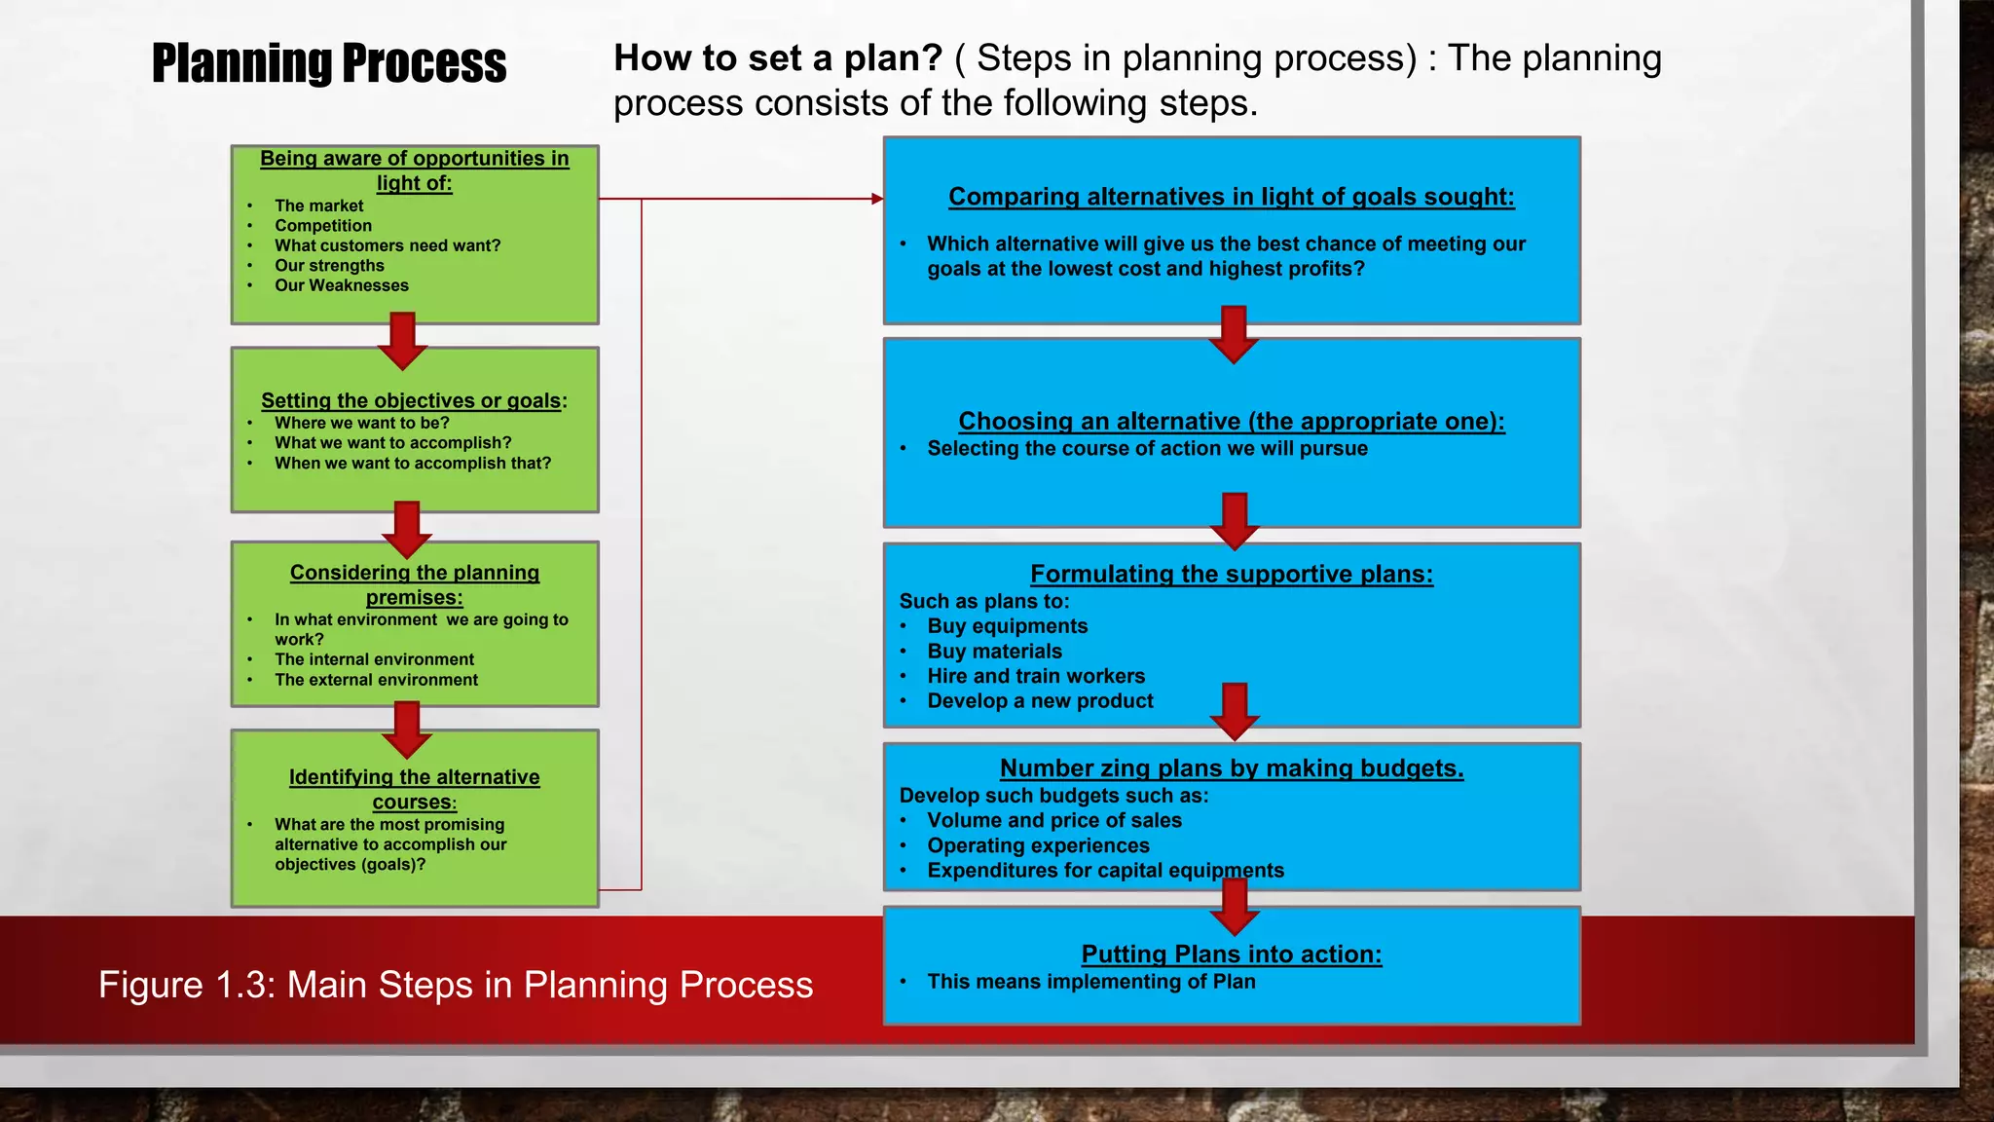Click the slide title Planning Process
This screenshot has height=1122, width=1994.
(x=329, y=64)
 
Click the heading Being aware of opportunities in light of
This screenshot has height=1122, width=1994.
(x=415, y=170)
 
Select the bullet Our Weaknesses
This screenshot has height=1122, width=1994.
(x=341, y=285)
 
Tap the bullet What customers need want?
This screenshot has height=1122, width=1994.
(x=388, y=245)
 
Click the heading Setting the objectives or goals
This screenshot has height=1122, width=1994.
(x=414, y=400)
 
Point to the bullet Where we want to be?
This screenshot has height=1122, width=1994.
(x=361, y=423)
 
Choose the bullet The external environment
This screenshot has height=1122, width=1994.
(x=376, y=680)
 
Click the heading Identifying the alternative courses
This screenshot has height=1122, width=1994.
(x=415, y=789)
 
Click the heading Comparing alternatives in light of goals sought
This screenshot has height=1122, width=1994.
(x=1232, y=197)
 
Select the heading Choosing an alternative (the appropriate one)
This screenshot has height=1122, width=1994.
(x=1232, y=421)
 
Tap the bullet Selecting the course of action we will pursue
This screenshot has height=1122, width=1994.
(x=1147, y=449)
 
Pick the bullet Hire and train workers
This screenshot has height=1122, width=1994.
(x=1036, y=676)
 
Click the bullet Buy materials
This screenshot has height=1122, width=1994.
(x=994, y=652)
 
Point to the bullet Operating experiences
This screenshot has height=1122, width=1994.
(x=1038, y=845)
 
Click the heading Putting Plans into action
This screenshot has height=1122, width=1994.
(x=1232, y=954)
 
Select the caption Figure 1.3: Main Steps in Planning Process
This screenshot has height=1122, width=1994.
(x=456, y=985)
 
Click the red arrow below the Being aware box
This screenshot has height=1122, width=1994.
(x=402, y=340)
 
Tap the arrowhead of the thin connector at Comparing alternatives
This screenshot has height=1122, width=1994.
(x=878, y=199)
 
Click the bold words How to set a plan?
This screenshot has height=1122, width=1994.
(x=778, y=58)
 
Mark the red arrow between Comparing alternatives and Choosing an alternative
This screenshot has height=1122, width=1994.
(x=1234, y=334)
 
